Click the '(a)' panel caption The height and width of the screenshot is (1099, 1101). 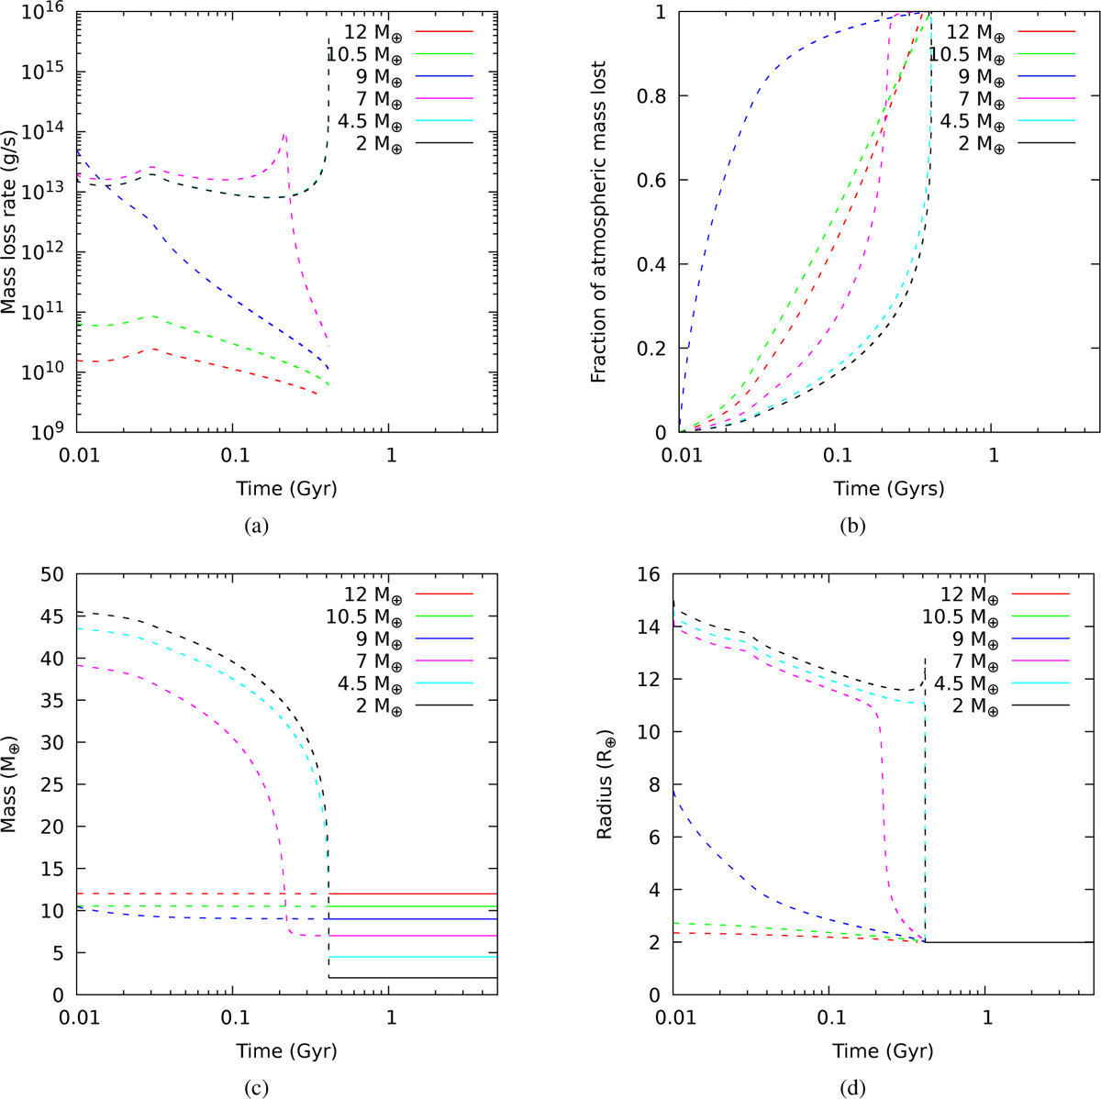(254, 527)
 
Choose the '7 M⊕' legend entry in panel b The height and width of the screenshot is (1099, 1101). (973, 98)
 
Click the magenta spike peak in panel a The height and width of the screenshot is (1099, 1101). (284, 135)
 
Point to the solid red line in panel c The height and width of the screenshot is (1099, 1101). (413, 894)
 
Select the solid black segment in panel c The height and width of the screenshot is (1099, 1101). (413, 977)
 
